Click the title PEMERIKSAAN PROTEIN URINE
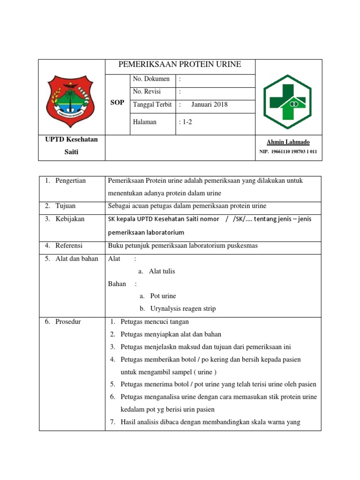point(180,65)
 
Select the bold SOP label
point(117,103)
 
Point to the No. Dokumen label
point(151,79)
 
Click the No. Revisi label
point(147,92)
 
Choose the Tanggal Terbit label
point(152,105)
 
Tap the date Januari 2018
point(209,105)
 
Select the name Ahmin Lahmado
point(288,142)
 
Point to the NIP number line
point(288,152)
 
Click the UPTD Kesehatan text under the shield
point(72,140)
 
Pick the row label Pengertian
point(70,181)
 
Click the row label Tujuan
point(65,206)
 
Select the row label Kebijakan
point(70,219)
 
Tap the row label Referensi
point(69,245)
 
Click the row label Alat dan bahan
point(77,258)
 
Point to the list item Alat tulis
point(162,271)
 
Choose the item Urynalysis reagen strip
point(183,308)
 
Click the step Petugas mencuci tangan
point(155,322)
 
